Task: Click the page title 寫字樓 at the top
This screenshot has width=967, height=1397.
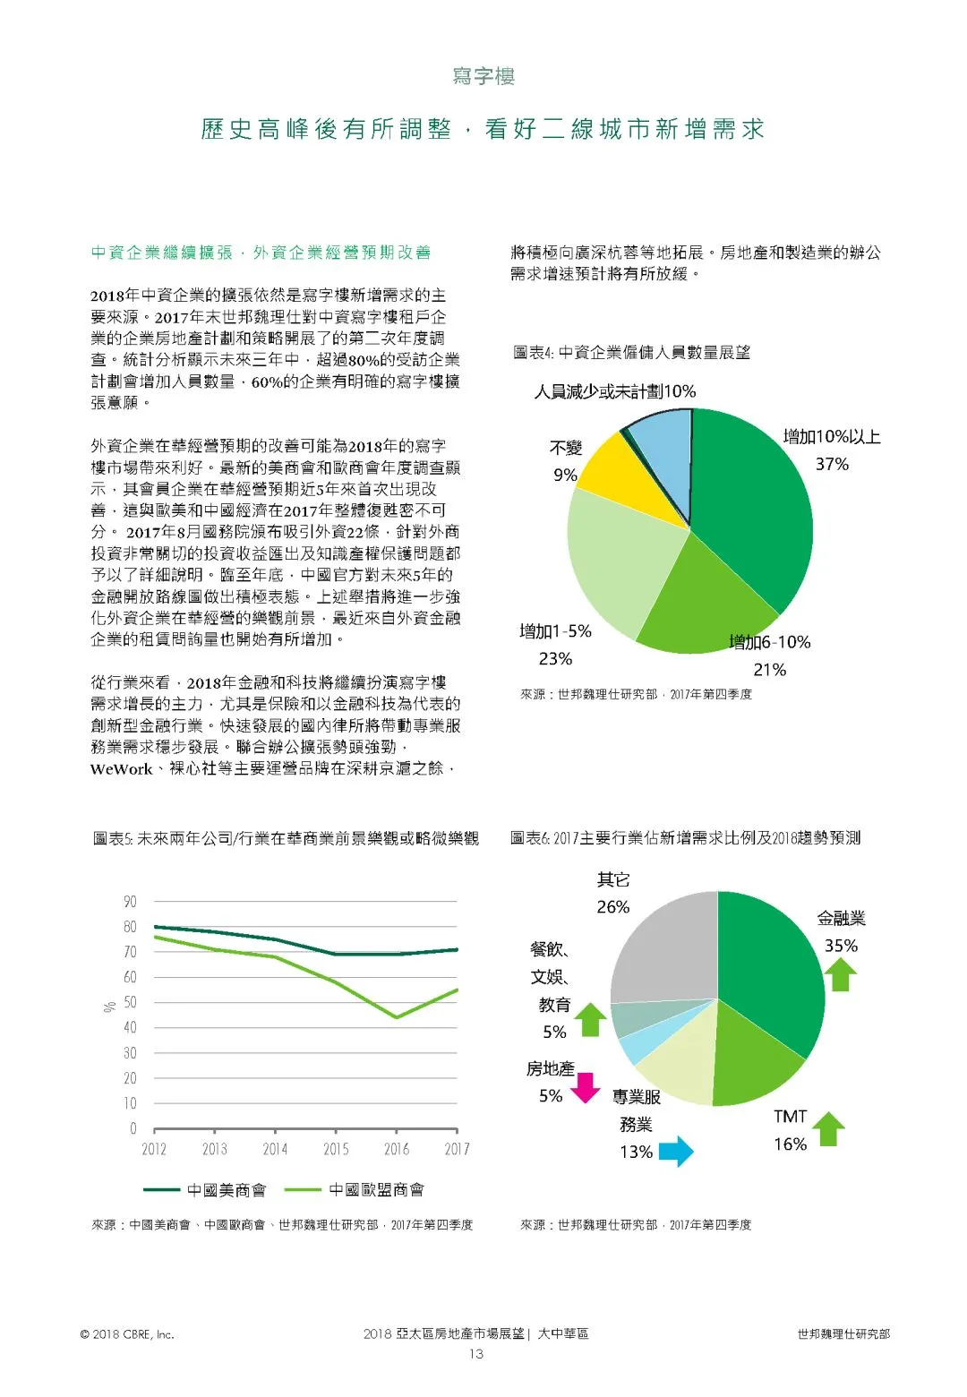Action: [483, 76]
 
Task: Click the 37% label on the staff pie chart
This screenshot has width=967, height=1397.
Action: [831, 464]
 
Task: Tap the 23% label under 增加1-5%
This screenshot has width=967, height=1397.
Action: [555, 659]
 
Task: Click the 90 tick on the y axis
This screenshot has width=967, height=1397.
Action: [131, 902]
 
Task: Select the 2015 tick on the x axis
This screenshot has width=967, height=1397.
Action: [336, 1149]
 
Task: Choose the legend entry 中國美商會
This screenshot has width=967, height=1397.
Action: [206, 1190]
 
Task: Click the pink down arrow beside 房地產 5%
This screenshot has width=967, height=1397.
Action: [586, 1087]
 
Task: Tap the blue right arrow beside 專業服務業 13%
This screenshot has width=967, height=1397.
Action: [677, 1152]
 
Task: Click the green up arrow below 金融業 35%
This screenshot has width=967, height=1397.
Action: [840, 974]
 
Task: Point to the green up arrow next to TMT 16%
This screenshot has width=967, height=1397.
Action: [829, 1129]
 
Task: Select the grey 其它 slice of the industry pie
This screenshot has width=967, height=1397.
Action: [667, 949]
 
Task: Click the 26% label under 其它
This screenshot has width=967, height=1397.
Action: [613, 907]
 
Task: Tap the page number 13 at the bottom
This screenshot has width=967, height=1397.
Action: [476, 1354]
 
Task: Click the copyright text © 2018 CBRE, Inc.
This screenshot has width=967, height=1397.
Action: [127, 1334]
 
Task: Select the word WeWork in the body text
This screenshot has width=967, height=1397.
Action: [122, 769]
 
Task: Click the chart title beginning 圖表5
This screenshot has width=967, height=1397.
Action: [286, 839]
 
